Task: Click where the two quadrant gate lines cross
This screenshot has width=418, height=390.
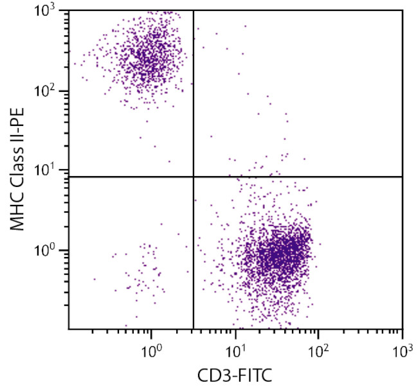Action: (x=194, y=176)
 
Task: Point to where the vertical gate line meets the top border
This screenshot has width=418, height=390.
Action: (x=194, y=10)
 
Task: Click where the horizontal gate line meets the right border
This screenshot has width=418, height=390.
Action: (x=402, y=176)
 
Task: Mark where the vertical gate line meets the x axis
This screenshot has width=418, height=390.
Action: (x=194, y=329)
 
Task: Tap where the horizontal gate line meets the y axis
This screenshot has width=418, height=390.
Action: (x=69, y=176)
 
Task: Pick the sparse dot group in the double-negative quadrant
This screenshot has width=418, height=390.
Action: (x=145, y=270)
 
